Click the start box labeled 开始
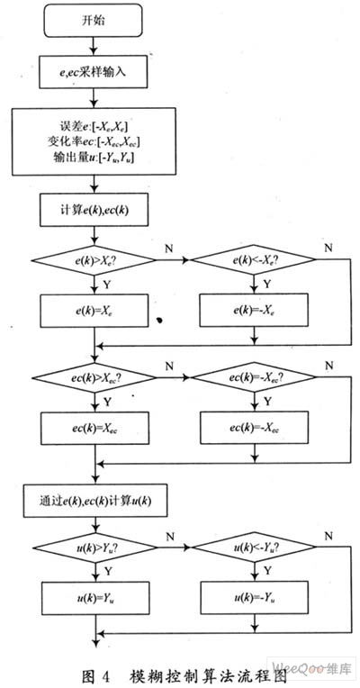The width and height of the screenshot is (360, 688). pyautogui.click(x=93, y=21)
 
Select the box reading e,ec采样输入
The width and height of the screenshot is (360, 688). pyautogui.click(x=93, y=72)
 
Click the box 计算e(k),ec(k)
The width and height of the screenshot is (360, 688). pyautogui.click(x=94, y=210)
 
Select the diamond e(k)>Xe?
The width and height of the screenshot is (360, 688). pyautogui.click(x=94, y=260)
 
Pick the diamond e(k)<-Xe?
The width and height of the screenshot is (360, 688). pyautogui.click(x=254, y=260)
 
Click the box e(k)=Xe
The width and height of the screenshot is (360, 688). pyautogui.click(x=94, y=311)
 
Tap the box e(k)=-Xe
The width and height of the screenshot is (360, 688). pyautogui.click(x=254, y=311)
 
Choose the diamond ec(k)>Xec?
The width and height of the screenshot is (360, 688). pyautogui.click(x=94, y=378)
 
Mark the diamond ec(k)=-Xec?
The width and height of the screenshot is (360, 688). pyautogui.click(x=254, y=378)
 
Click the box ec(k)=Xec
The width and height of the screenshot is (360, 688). pyautogui.click(x=94, y=429)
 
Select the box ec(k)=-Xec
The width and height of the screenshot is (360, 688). pyautogui.click(x=255, y=429)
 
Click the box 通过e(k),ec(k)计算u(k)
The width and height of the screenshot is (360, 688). pyautogui.click(x=95, y=501)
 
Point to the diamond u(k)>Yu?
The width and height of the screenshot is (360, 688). pyautogui.click(x=94, y=548)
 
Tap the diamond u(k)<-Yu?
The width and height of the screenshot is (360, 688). pyautogui.click(x=255, y=548)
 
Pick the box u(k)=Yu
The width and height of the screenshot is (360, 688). pyautogui.click(x=95, y=599)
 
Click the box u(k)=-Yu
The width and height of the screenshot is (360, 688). pyautogui.click(x=255, y=599)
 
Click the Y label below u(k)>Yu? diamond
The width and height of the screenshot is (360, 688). pyautogui.click(x=108, y=571)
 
